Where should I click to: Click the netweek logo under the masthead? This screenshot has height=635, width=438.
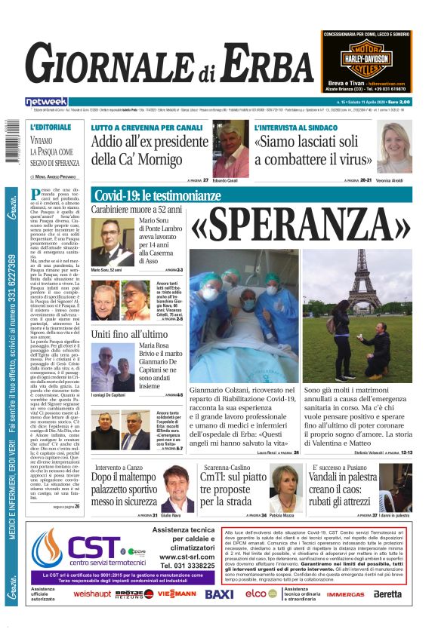(x=46, y=101)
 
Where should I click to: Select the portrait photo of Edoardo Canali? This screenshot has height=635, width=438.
(x=230, y=150)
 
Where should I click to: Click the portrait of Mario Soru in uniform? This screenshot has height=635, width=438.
(x=106, y=241)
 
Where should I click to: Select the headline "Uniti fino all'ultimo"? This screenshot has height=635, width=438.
(x=128, y=333)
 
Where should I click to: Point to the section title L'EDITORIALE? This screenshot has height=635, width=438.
(x=51, y=127)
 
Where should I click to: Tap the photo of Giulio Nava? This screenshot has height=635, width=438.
(x=177, y=488)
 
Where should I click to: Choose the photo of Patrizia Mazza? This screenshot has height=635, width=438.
(x=285, y=489)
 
